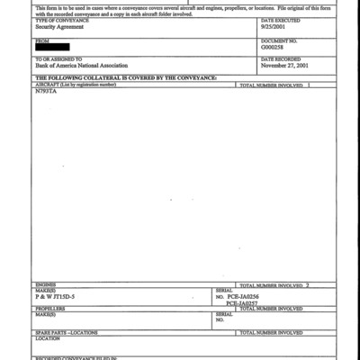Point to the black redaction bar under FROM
(57, 48)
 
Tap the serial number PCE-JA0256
(244, 295)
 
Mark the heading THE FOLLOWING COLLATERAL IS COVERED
(125, 78)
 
